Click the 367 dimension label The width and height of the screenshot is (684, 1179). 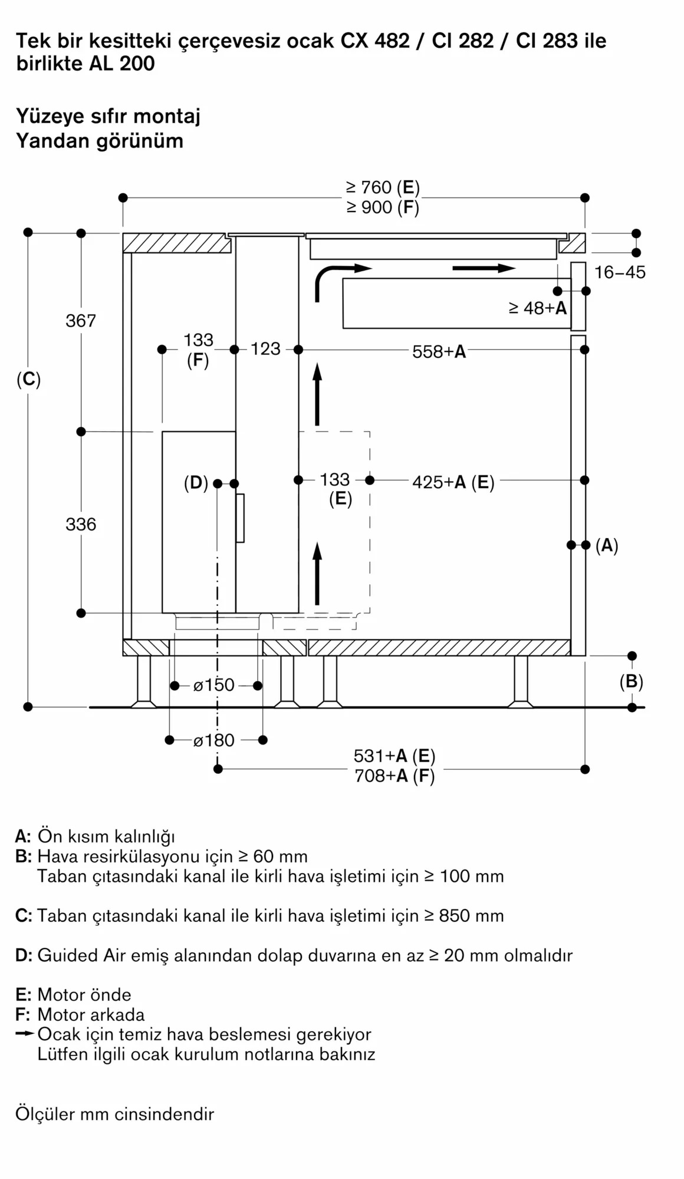pyautogui.click(x=81, y=321)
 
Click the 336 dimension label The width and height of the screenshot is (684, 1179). pyautogui.click(x=81, y=524)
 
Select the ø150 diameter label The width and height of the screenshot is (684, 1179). pyautogui.click(x=214, y=685)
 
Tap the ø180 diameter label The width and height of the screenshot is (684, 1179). pyautogui.click(x=214, y=740)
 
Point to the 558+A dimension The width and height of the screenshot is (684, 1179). pyautogui.click(x=439, y=352)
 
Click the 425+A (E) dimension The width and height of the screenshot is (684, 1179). pyautogui.click(x=453, y=482)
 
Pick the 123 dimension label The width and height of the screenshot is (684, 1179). pyautogui.click(x=265, y=349)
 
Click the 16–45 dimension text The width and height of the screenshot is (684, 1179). pyautogui.click(x=620, y=272)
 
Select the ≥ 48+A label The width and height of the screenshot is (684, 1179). pyautogui.click(x=537, y=308)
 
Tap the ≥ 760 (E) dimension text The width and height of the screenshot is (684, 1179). pyautogui.click(x=383, y=187)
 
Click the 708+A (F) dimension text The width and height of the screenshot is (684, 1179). pyautogui.click(x=394, y=776)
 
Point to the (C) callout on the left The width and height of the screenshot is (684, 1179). pyautogui.click(x=28, y=379)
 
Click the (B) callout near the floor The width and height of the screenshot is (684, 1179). pyautogui.click(x=631, y=681)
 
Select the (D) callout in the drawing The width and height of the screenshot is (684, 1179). pyautogui.click(x=196, y=483)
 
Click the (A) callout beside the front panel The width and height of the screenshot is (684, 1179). pyautogui.click(x=607, y=545)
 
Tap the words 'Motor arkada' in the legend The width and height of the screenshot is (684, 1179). pyautogui.click(x=91, y=1015)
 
